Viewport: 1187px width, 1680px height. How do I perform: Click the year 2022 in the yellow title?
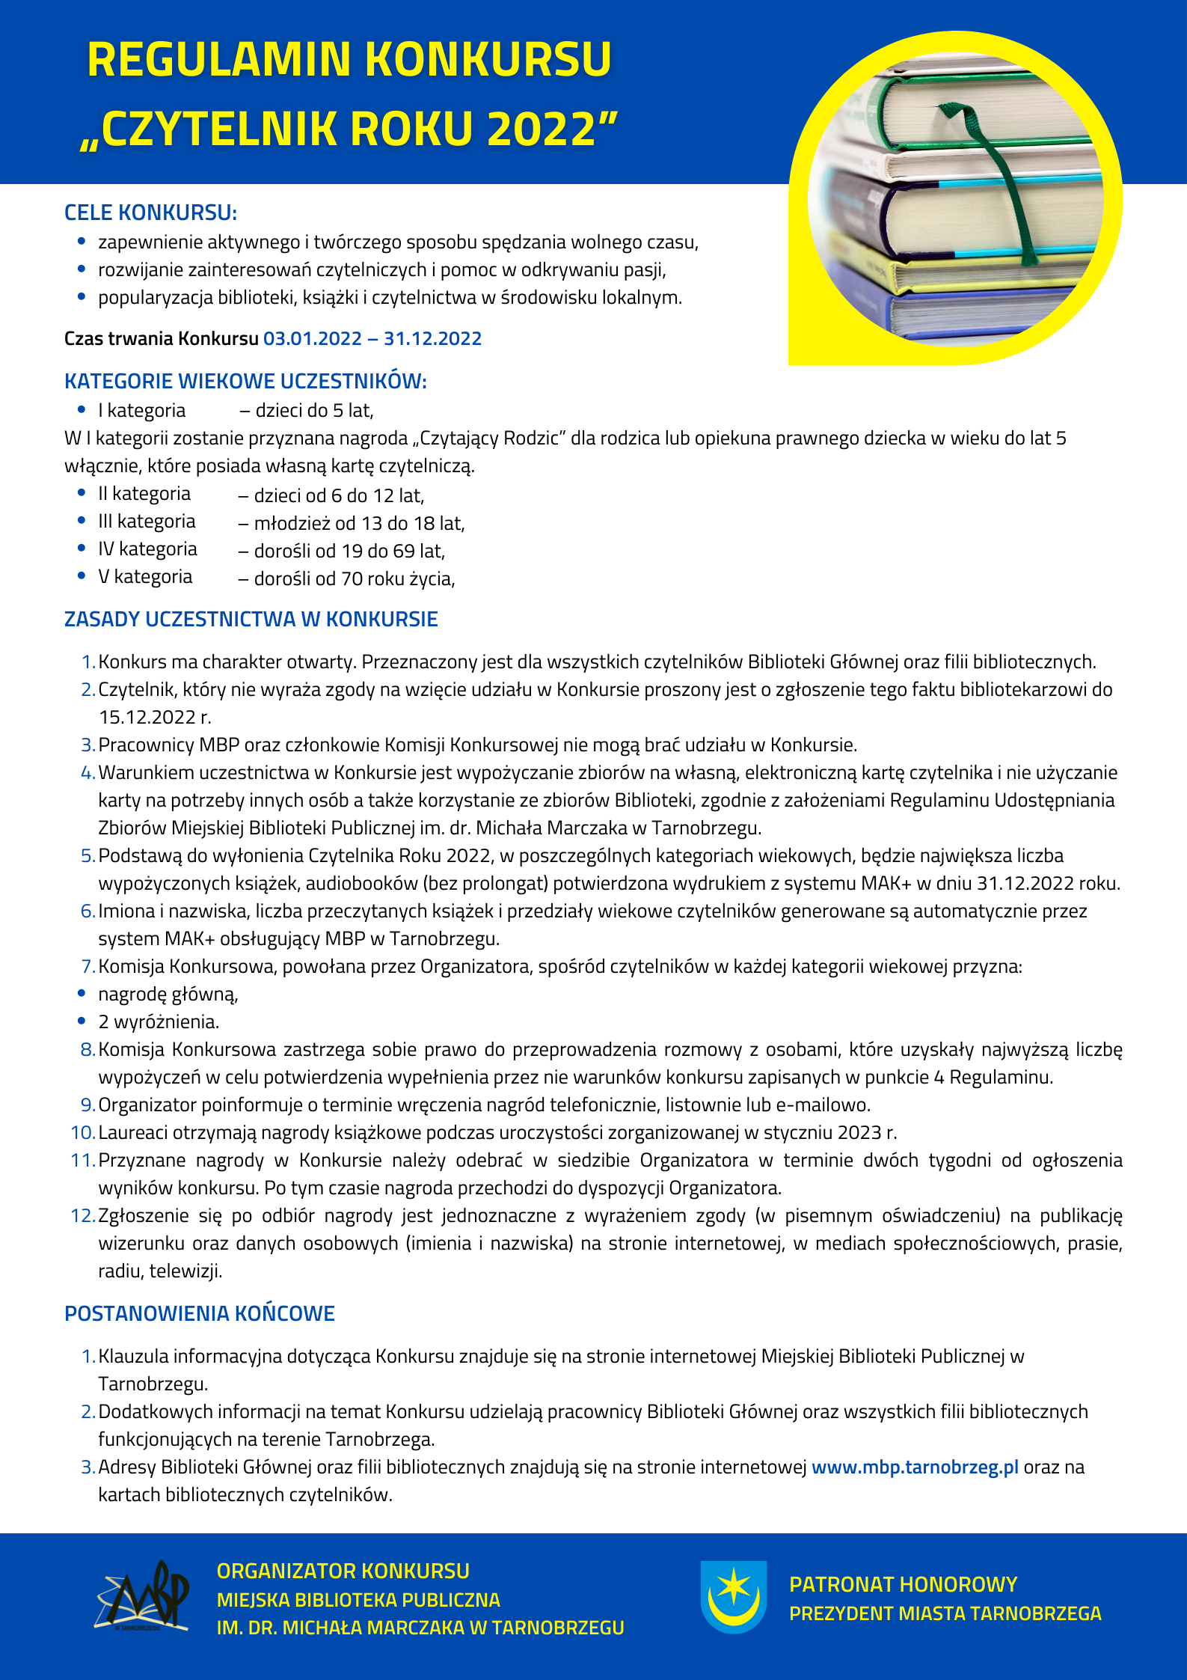click(540, 129)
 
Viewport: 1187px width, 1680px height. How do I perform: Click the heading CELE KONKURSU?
click(150, 213)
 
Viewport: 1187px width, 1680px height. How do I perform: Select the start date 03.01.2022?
click(313, 339)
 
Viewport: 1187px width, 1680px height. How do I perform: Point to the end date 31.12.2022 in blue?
click(433, 339)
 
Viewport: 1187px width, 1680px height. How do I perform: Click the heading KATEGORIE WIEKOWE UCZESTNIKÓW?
click(245, 382)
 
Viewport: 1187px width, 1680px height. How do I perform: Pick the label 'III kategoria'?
click(147, 522)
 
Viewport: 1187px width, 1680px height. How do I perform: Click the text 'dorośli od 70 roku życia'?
click(354, 579)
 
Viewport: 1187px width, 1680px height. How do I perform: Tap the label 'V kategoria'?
click(145, 577)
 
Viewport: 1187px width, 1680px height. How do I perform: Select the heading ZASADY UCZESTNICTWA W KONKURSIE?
click(251, 620)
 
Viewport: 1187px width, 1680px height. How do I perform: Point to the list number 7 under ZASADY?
click(88, 967)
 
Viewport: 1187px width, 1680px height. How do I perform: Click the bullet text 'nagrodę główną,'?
click(168, 995)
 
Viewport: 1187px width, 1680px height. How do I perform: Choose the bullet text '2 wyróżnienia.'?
click(159, 1022)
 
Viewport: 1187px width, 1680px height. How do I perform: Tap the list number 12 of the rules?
click(82, 1216)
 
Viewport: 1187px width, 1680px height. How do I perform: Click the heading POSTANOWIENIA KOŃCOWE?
click(200, 1314)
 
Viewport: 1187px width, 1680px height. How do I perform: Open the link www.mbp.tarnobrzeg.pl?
click(915, 1467)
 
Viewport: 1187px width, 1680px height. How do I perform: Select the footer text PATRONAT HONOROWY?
click(903, 1584)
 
